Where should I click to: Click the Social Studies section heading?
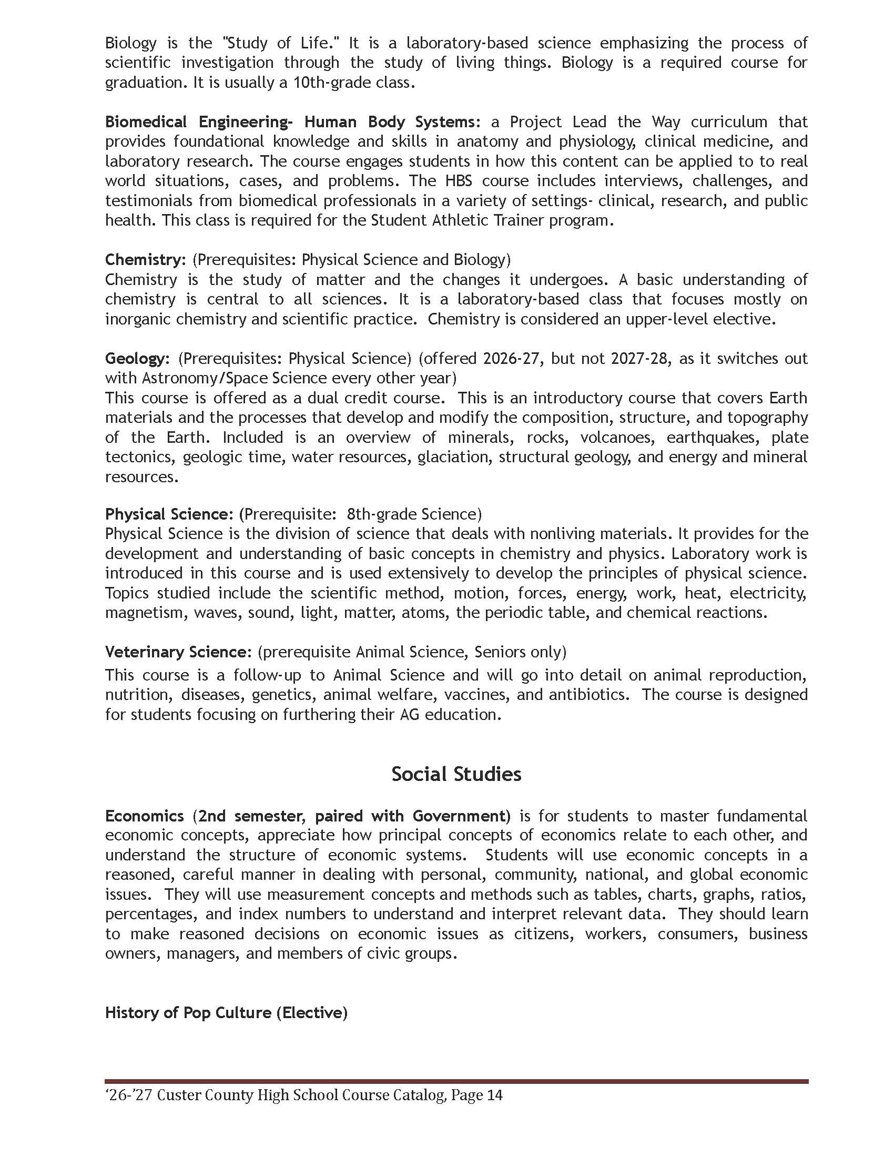tap(456, 774)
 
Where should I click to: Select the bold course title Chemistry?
tap(145, 260)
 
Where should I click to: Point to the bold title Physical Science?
tap(169, 514)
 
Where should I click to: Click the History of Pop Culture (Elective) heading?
tap(226, 1012)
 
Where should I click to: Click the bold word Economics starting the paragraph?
tap(145, 816)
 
